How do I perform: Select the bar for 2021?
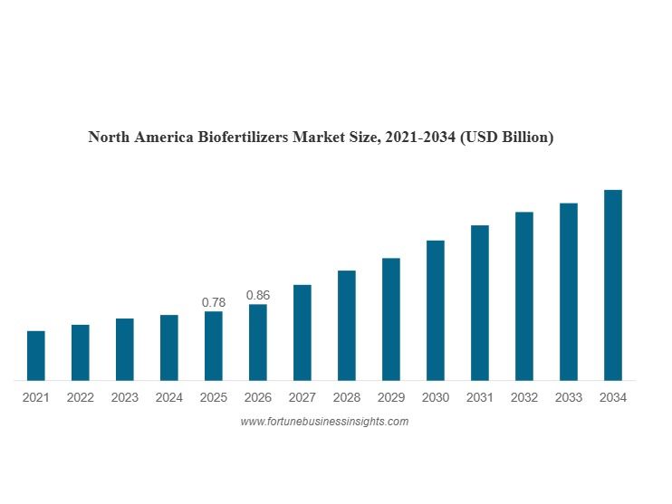35,356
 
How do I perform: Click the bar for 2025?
214,346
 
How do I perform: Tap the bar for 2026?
258,342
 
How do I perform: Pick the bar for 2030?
436,310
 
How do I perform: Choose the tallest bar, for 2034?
613,285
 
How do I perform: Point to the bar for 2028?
347,325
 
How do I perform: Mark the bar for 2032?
524,296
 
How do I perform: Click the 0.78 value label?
214,302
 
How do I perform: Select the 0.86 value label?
258,295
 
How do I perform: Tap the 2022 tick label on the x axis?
80,397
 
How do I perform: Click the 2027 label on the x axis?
302,397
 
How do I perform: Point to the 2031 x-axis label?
480,397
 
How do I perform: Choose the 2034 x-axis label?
613,397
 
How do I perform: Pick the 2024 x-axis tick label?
168,397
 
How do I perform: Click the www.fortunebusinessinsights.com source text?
324,422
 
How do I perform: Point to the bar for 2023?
124,349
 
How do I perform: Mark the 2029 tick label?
391,397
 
